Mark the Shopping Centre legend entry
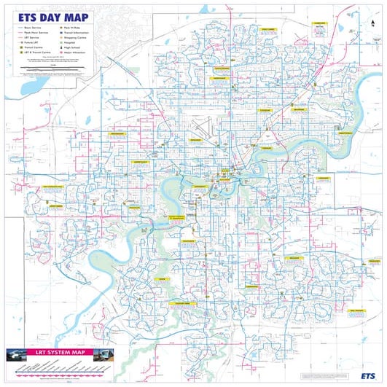coord(74,36)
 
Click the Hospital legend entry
coord(69,42)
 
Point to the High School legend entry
coord(71,47)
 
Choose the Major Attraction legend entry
coord(74,52)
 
